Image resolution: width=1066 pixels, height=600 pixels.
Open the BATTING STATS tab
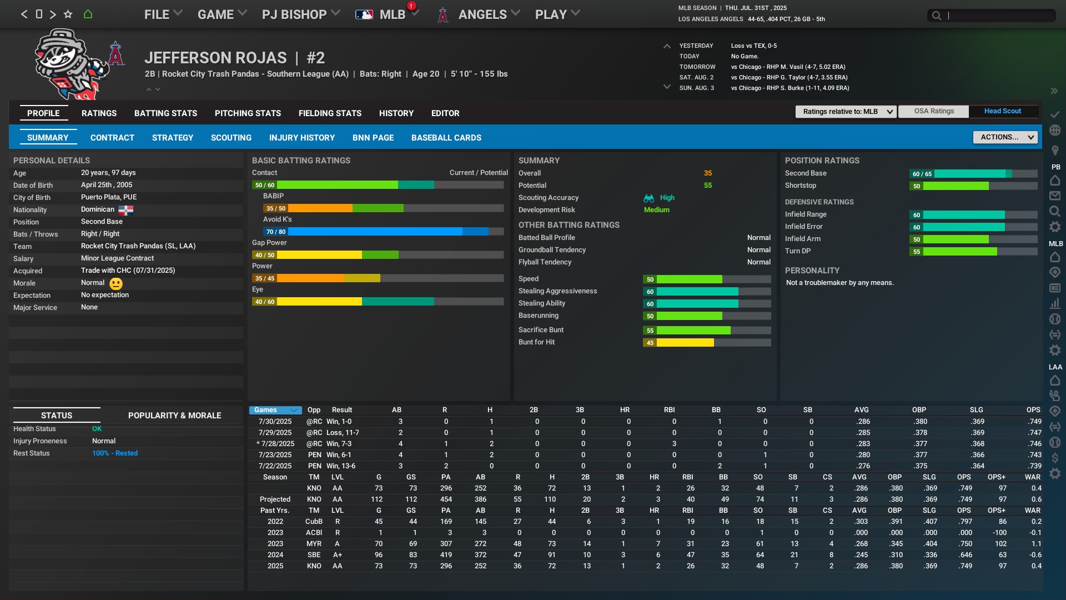click(165, 113)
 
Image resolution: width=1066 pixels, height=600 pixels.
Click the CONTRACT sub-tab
click(112, 138)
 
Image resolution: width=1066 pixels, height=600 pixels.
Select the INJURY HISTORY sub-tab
click(301, 138)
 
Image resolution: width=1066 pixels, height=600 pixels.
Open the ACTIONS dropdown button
click(1005, 137)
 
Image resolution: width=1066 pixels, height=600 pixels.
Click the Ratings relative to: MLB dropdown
click(846, 112)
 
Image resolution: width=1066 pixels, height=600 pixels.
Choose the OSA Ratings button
click(934, 111)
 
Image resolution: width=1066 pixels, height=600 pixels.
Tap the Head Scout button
click(1002, 111)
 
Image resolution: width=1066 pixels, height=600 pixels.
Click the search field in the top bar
click(997, 16)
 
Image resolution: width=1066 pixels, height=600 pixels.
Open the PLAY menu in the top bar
click(557, 14)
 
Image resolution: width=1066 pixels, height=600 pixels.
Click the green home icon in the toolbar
click(88, 14)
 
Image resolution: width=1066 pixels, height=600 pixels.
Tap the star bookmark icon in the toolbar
click(68, 14)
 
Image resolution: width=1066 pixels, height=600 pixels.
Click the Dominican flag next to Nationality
click(125, 210)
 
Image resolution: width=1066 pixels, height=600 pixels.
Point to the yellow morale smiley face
click(115, 284)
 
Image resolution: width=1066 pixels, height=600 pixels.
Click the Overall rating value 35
click(707, 173)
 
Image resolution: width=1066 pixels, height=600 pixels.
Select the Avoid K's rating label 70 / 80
click(275, 232)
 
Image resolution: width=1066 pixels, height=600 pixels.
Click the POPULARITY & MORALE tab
click(174, 416)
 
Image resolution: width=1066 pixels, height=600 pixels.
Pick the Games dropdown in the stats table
click(275, 410)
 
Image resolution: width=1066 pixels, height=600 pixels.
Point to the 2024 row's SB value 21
click(794, 555)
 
